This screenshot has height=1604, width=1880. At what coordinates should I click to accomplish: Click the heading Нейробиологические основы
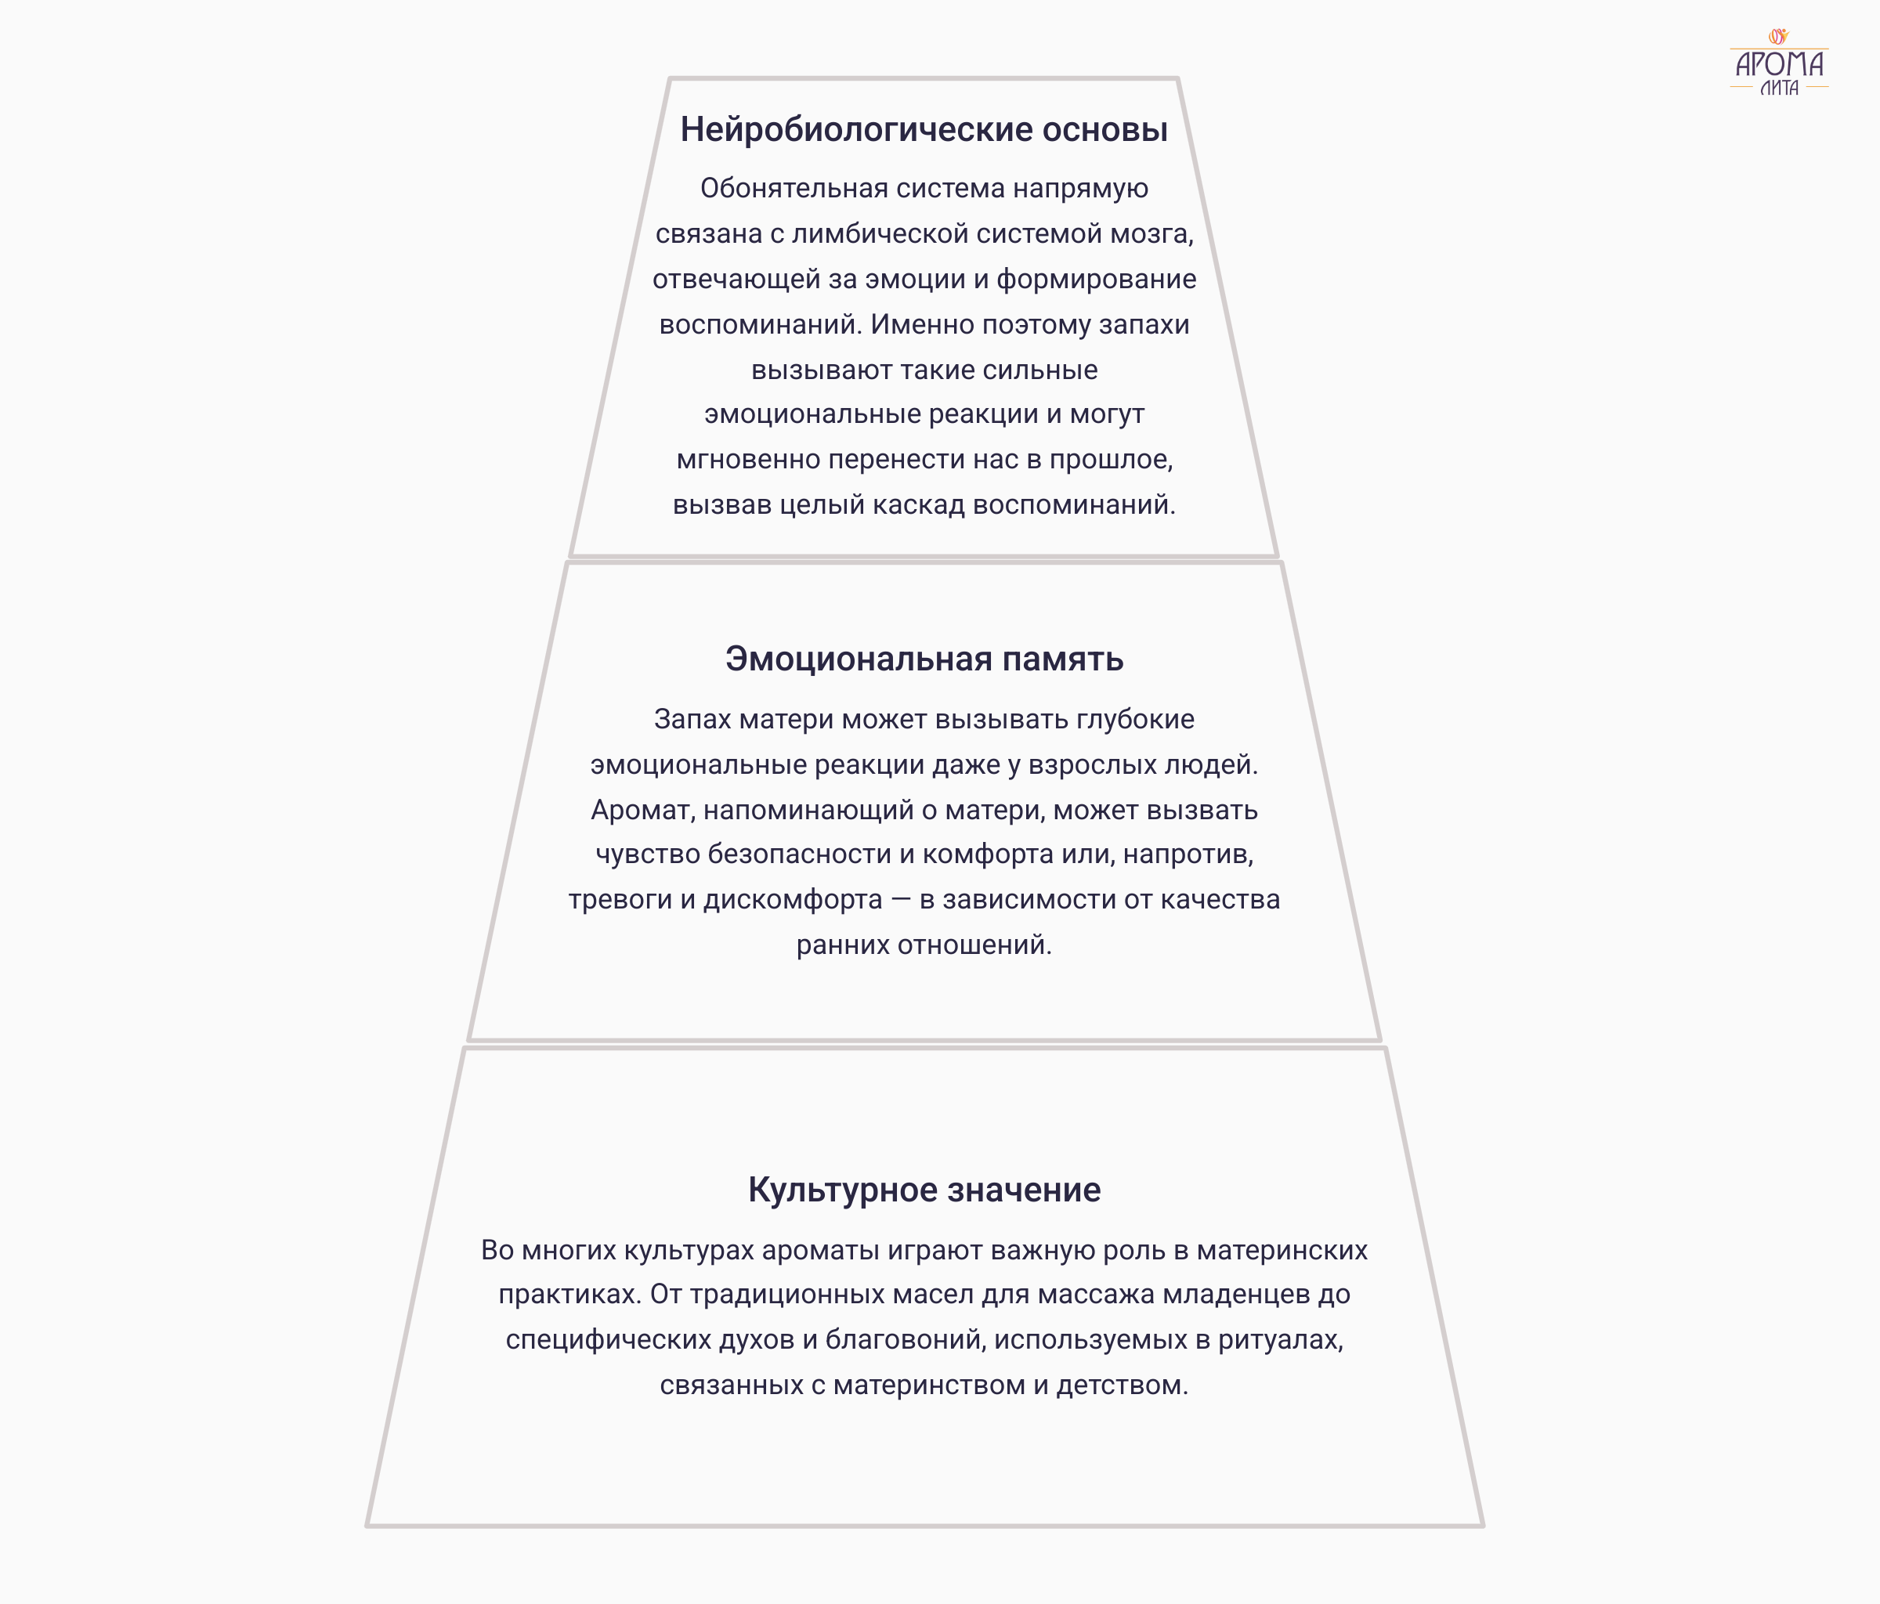(924, 130)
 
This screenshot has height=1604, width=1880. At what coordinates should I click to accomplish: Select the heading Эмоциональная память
(924, 659)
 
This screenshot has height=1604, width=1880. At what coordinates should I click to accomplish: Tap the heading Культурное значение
(924, 1190)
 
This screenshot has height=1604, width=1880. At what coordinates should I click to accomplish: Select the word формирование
(1096, 280)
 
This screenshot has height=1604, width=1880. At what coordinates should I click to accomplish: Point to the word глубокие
(1135, 720)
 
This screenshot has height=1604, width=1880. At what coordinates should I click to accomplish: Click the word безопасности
(799, 854)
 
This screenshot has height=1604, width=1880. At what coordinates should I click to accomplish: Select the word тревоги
(620, 900)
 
